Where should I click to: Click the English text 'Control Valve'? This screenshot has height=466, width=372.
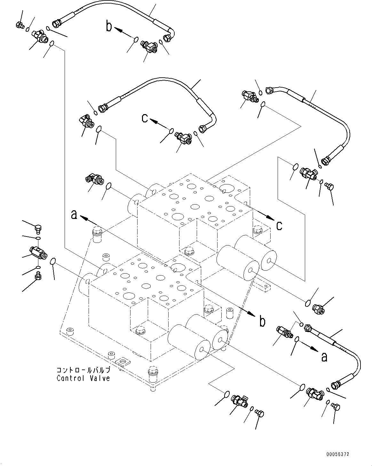pyautogui.click(x=83, y=378)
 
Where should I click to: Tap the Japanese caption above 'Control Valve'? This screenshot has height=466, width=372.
pyautogui.click(x=83, y=370)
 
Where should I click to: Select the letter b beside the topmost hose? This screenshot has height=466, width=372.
pyautogui.click(x=109, y=27)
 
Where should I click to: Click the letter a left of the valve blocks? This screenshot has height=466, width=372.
pyautogui.click(x=74, y=215)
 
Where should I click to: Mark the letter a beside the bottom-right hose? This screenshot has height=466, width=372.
pyautogui.click(x=324, y=356)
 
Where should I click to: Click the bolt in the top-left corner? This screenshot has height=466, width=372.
pyautogui.click(x=19, y=25)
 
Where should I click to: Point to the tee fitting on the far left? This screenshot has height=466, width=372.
pyautogui.click(x=38, y=252)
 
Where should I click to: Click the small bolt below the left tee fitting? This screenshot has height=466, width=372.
pyautogui.click(x=38, y=275)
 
